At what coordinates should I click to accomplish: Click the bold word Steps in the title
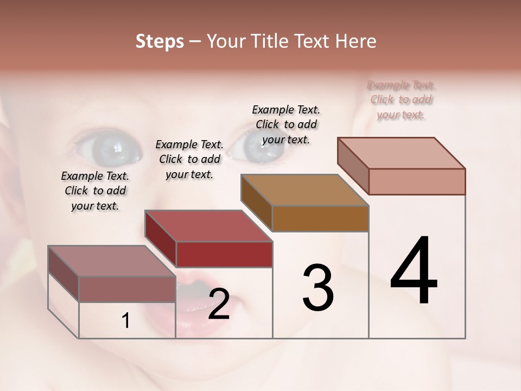[x=159, y=41]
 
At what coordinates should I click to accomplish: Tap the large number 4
[x=414, y=271]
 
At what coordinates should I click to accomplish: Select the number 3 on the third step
[x=318, y=288]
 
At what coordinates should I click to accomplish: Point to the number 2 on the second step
[x=219, y=304]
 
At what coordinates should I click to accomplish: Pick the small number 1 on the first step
[x=126, y=321]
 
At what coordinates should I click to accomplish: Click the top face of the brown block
[x=304, y=190]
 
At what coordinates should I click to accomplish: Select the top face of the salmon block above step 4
[x=402, y=153]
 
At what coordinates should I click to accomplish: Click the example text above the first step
[x=95, y=191]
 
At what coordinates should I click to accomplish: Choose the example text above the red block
[x=189, y=159]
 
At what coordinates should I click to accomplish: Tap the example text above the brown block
[x=286, y=124]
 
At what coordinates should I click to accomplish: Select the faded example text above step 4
[x=401, y=100]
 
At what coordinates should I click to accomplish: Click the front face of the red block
[x=224, y=254]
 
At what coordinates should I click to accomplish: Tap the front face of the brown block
[x=320, y=218]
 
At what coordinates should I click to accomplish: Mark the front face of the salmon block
[x=416, y=181]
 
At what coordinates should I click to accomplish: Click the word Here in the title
[x=356, y=41]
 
